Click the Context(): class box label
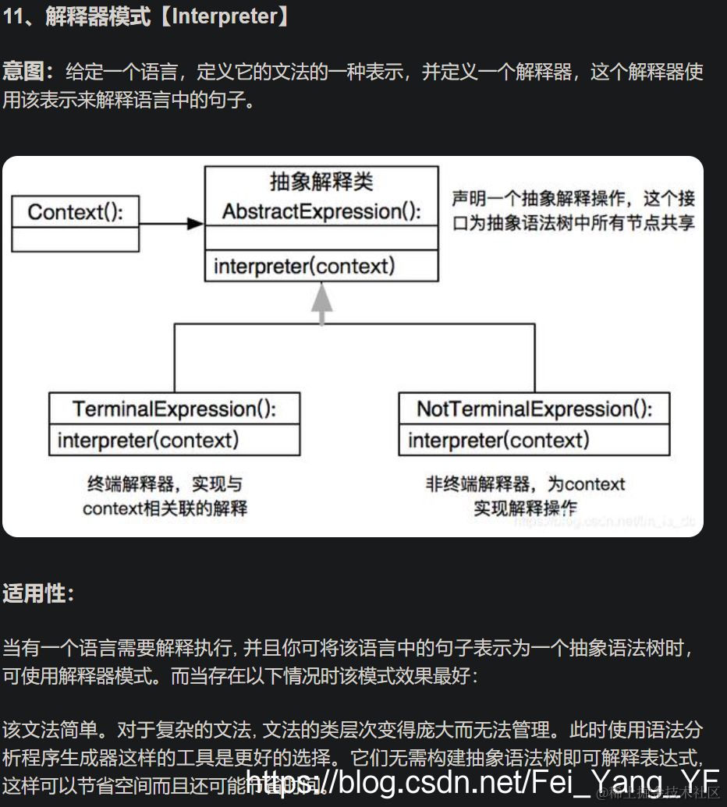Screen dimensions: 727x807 75,211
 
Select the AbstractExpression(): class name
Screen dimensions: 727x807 321,211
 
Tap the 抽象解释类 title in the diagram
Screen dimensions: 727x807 321,182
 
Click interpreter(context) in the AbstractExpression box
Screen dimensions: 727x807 304,266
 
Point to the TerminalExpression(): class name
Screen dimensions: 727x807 174,409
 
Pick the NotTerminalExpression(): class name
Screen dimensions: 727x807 534,409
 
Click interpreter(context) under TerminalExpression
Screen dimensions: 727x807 148,441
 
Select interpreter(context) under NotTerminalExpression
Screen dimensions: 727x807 499,441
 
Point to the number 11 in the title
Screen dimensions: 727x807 14,17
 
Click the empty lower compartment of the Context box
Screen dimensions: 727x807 75,239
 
